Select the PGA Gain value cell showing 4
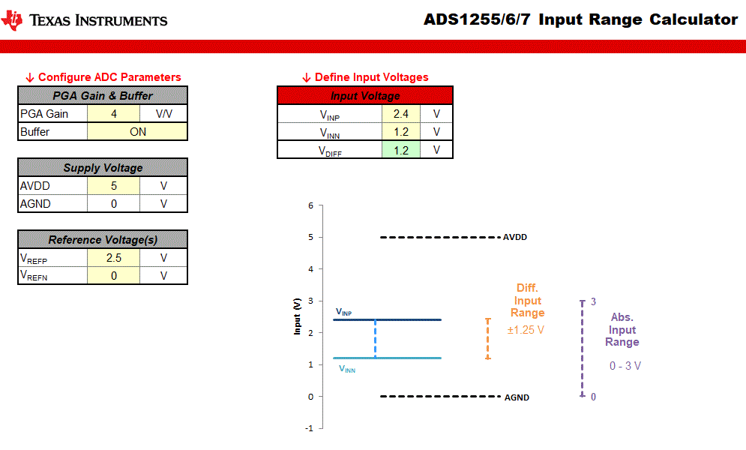tap(113, 114)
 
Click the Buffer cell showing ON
tap(137, 132)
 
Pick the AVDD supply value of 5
tap(113, 186)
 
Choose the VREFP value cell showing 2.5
tap(113, 258)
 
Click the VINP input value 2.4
tap(400, 115)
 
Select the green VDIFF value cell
tap(400, 150)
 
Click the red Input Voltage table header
tap(365, 96)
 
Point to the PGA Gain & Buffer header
tap(102, 96)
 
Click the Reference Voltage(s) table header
tap(102, 240)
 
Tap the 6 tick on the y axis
tap(310, 205)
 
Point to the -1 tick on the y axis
tap(309, 428)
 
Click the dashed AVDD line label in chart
tap(515, 237)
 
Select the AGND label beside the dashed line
tap(517, 397)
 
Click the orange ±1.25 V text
tap(526, 329)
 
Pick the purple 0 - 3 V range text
tap(625, 366)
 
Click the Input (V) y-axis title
tap(298, 316)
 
